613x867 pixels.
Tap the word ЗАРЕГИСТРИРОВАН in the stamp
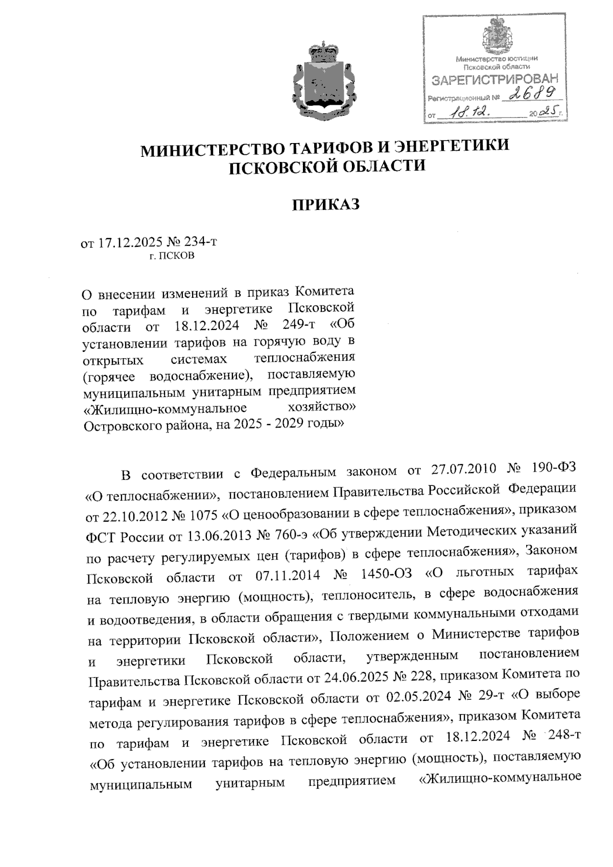495,80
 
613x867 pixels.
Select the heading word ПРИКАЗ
325,204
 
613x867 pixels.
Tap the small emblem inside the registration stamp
494,37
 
